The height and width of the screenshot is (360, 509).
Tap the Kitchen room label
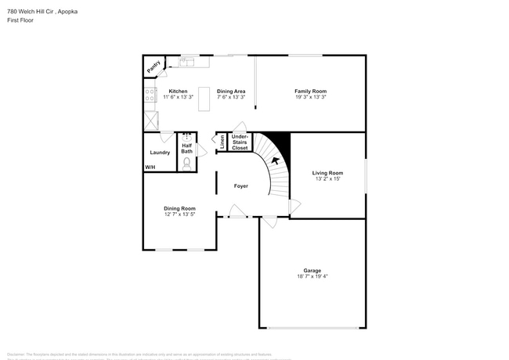(x=179, y=92)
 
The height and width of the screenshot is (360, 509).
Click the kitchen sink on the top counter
(x=188, y=61)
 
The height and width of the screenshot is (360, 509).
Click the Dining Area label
(x=231, y=92)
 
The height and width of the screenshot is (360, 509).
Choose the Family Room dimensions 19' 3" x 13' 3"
(x=310, y=98)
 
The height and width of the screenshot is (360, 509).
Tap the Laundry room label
(x=161, y=152)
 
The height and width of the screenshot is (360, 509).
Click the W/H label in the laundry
(x=150, y=167)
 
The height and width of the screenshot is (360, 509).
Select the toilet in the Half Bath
(x=187, y=163)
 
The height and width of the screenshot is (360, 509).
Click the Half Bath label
(x=187, y=148)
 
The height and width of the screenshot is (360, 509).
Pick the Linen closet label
(x=222, y=141)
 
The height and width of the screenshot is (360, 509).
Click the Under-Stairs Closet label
(x=240, y=142)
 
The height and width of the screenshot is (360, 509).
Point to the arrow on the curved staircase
(x=274, y=161)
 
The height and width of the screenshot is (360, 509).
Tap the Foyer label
(x=241, y=186)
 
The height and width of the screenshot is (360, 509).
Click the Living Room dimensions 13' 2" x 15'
(x=327, y=179)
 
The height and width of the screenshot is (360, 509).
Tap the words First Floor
(x=21, y=20)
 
